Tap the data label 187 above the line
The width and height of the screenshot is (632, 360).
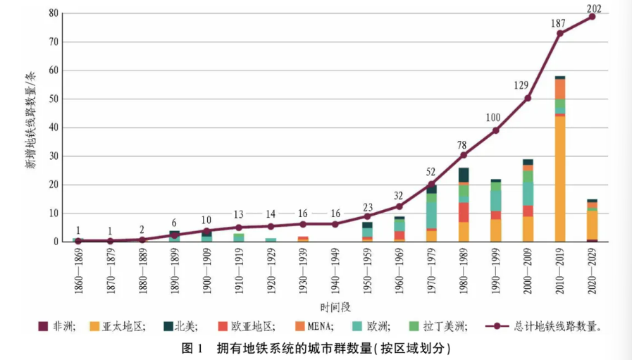559,23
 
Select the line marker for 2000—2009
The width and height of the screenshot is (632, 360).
528,98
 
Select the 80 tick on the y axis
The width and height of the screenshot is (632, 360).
54,13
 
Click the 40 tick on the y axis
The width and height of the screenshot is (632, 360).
54,128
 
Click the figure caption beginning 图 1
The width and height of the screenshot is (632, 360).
315,348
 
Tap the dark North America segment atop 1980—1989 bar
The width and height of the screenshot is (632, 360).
463,174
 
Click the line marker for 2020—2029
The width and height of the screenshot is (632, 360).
592,16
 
